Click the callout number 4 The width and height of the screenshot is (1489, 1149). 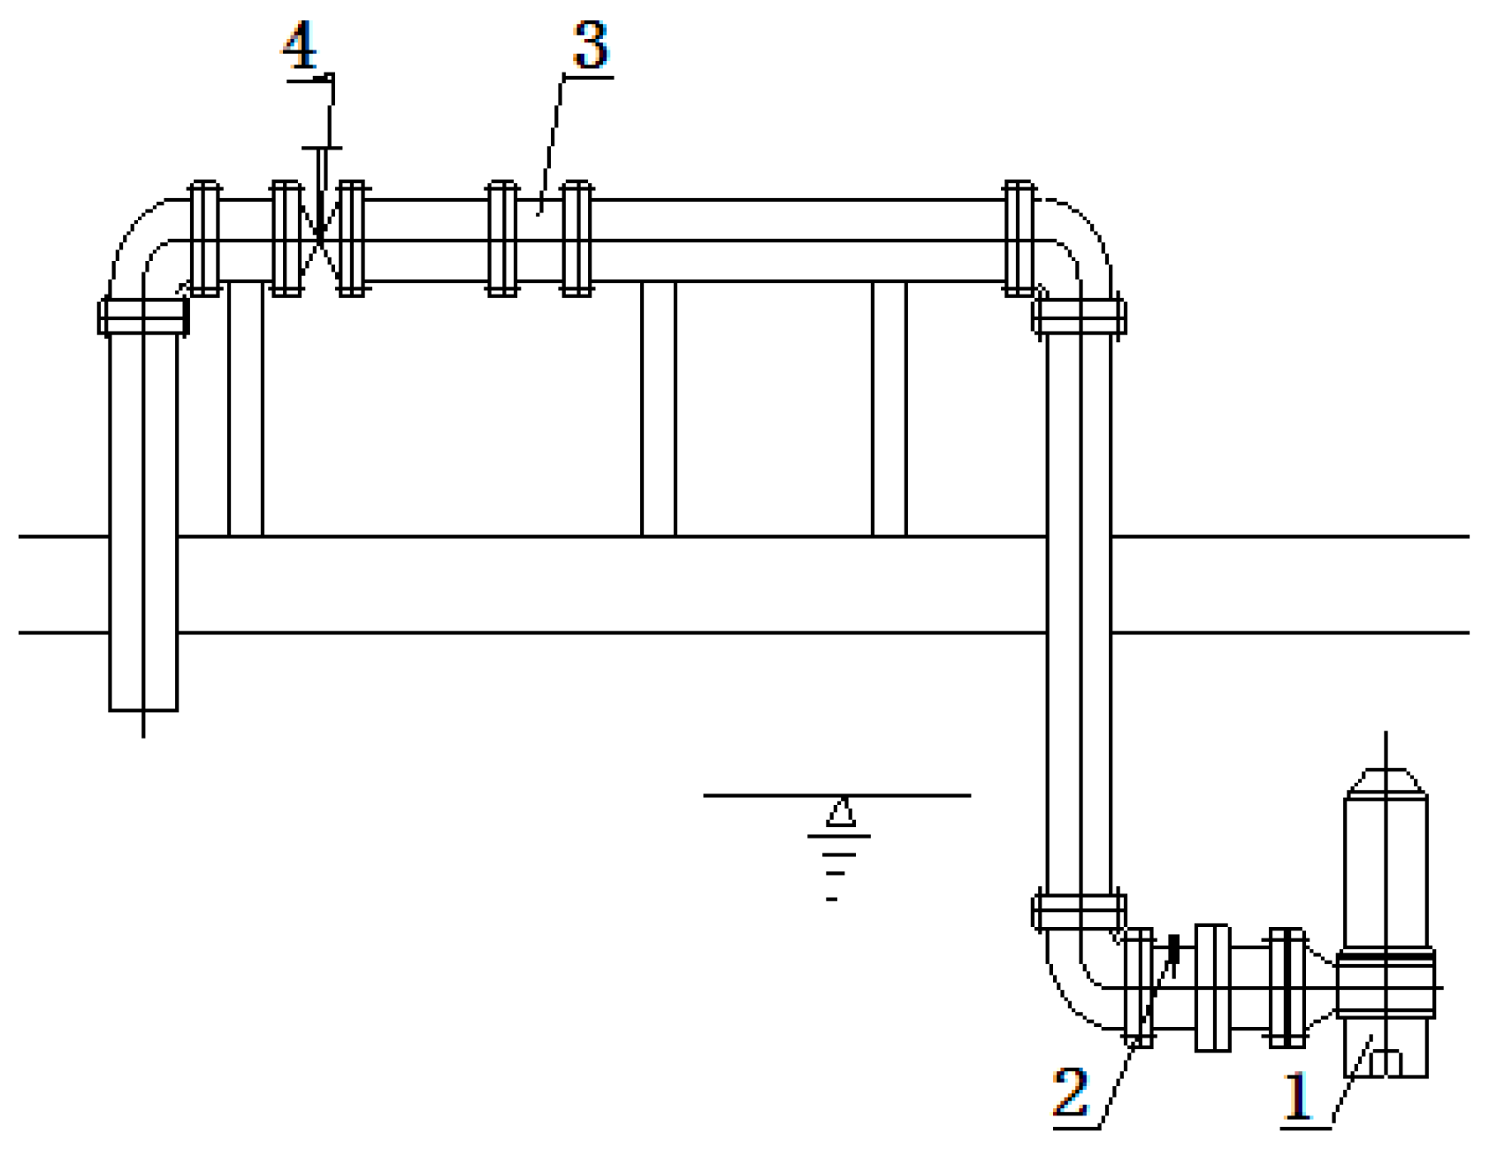point(300,46)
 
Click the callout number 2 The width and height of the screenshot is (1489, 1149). point(1071,1092)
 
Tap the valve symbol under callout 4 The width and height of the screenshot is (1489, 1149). point(318,240)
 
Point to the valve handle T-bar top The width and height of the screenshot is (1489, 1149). point(321,148)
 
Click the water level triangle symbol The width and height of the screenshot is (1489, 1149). point(841,812)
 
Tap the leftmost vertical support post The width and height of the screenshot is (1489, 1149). point(246,409)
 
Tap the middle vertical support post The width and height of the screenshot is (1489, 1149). point(659,409)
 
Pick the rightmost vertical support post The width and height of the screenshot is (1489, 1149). point(890,409)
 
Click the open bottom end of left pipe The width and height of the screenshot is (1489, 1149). point(143,708)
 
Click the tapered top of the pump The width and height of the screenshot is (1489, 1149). point(1386,782)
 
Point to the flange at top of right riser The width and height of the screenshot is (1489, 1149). point(1079,316)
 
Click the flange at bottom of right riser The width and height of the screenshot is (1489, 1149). point(1079,912)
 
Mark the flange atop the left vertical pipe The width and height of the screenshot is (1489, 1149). point(143,316)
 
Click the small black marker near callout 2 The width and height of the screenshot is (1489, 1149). point(1174,947)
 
